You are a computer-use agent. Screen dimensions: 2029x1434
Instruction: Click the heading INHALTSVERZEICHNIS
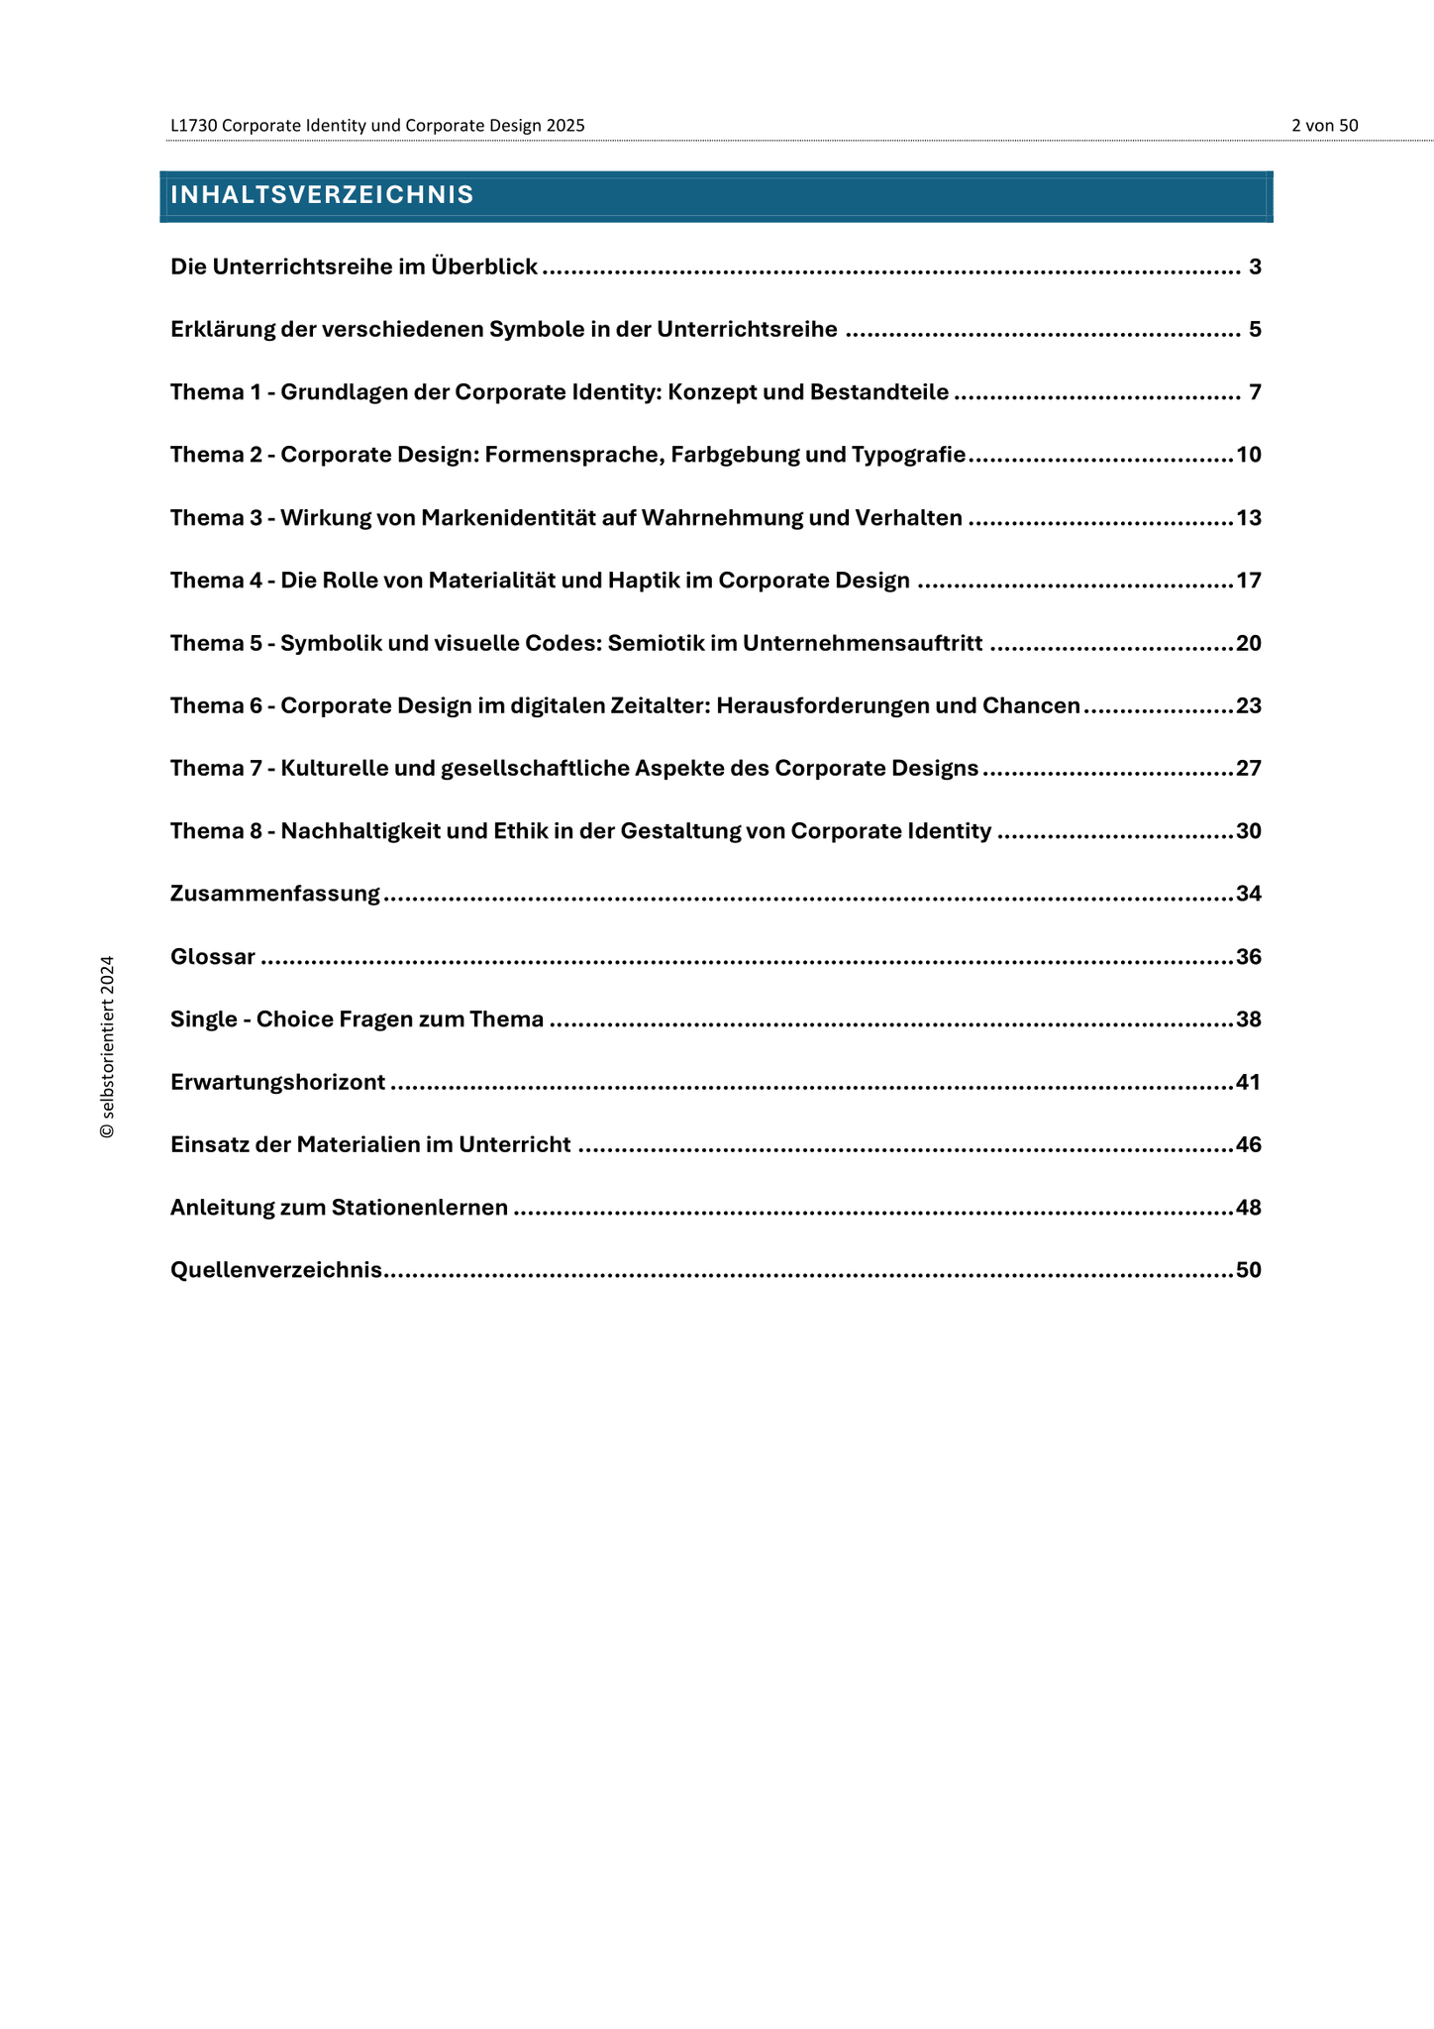point(322,195)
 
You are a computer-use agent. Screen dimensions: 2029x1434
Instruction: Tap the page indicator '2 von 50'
point(1324,126)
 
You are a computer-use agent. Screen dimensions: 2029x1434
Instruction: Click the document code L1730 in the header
point(193,126)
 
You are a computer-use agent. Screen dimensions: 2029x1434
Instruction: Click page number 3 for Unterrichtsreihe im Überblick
point(1255,267)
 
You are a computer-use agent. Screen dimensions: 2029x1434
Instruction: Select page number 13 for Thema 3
point(1249,518)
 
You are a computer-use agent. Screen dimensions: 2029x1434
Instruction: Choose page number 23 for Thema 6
point(1249,706)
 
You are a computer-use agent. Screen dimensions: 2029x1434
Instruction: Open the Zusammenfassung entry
point(275,894)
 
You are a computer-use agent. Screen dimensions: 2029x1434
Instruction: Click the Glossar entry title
point(213,957)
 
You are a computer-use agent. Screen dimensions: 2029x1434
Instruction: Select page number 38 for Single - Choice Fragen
point(1249,1019)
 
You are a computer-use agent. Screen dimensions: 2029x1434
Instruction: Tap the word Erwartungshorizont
point(277,1082)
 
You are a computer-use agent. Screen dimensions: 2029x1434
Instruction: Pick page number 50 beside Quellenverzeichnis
point(1249,1270)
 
